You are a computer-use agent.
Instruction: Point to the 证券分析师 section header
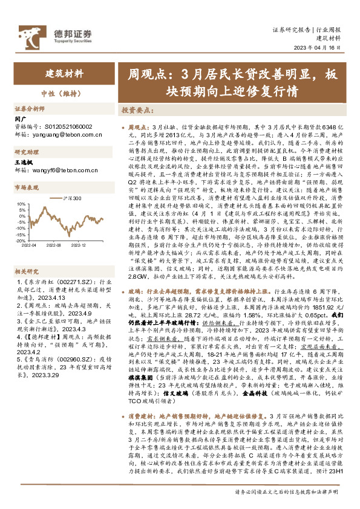point(30,109)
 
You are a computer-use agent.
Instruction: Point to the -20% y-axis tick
point(20,240)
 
